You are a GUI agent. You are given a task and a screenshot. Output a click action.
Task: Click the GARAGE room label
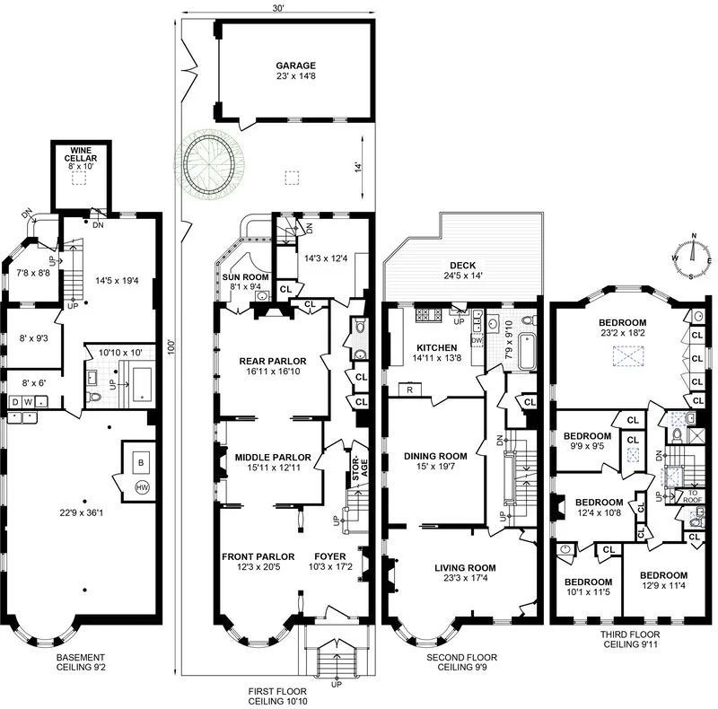(x=294, y=66)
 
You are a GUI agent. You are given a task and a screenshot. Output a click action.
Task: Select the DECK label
(x=464, y=265)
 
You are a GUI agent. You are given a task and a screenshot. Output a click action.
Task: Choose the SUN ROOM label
(x=241, y=277)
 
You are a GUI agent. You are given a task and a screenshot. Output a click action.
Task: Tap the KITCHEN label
(x=435, y=347)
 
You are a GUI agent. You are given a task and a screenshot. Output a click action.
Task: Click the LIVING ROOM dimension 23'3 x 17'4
(x=464, y=579)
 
